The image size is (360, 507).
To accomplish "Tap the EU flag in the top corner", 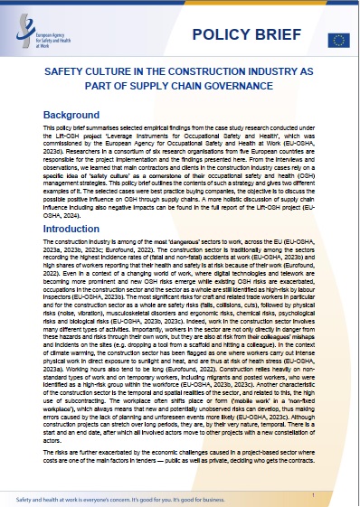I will click(x=338, y=39).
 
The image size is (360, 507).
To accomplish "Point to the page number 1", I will click(x=312, y=471).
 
